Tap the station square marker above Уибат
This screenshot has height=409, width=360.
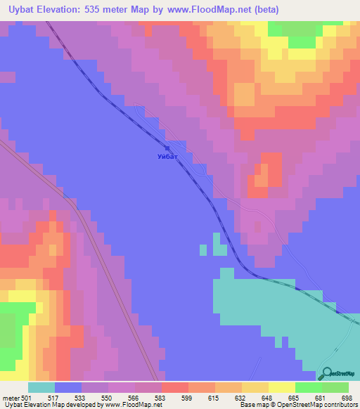(167, 148)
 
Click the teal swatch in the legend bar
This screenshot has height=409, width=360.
(41, 387)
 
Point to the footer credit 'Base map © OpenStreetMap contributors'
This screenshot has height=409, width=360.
(296, 405)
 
